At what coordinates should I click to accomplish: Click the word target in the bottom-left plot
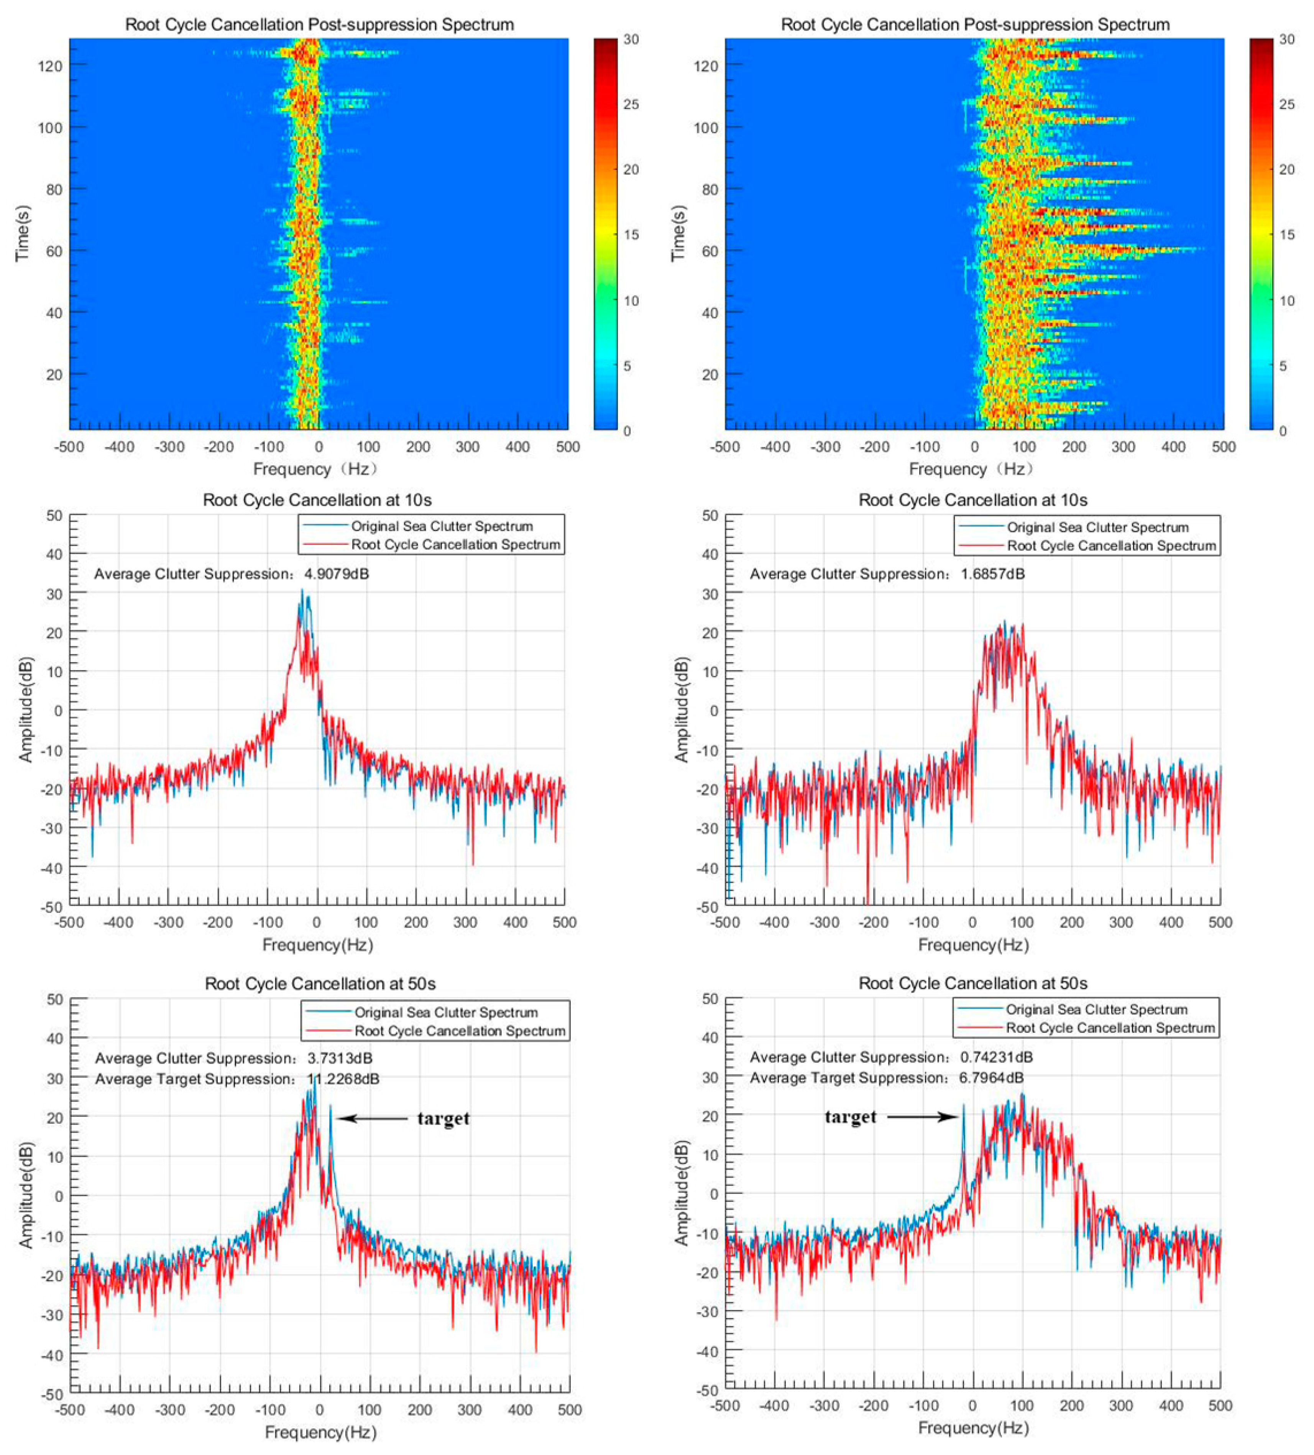tap(443, 1119)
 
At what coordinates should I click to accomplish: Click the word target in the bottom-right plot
tap(850, 1117)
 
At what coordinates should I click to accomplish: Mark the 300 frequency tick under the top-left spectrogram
tap(468, 447)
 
